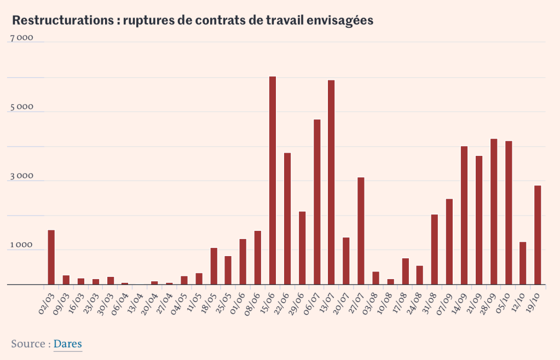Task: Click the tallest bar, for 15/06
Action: click(272, 181)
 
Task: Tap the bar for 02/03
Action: click(51, 257)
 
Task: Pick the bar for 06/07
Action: click(316, 202)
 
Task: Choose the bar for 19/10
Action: click(538, 235)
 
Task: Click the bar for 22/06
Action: click(287, 219)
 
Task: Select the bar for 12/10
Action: click(523, 263)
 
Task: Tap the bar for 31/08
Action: click(435, 249)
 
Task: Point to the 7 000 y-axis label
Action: click(22, 38)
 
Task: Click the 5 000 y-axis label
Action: click(22, 108)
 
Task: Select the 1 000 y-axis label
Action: click(22, 246)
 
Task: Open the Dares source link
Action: click(68, 344)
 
